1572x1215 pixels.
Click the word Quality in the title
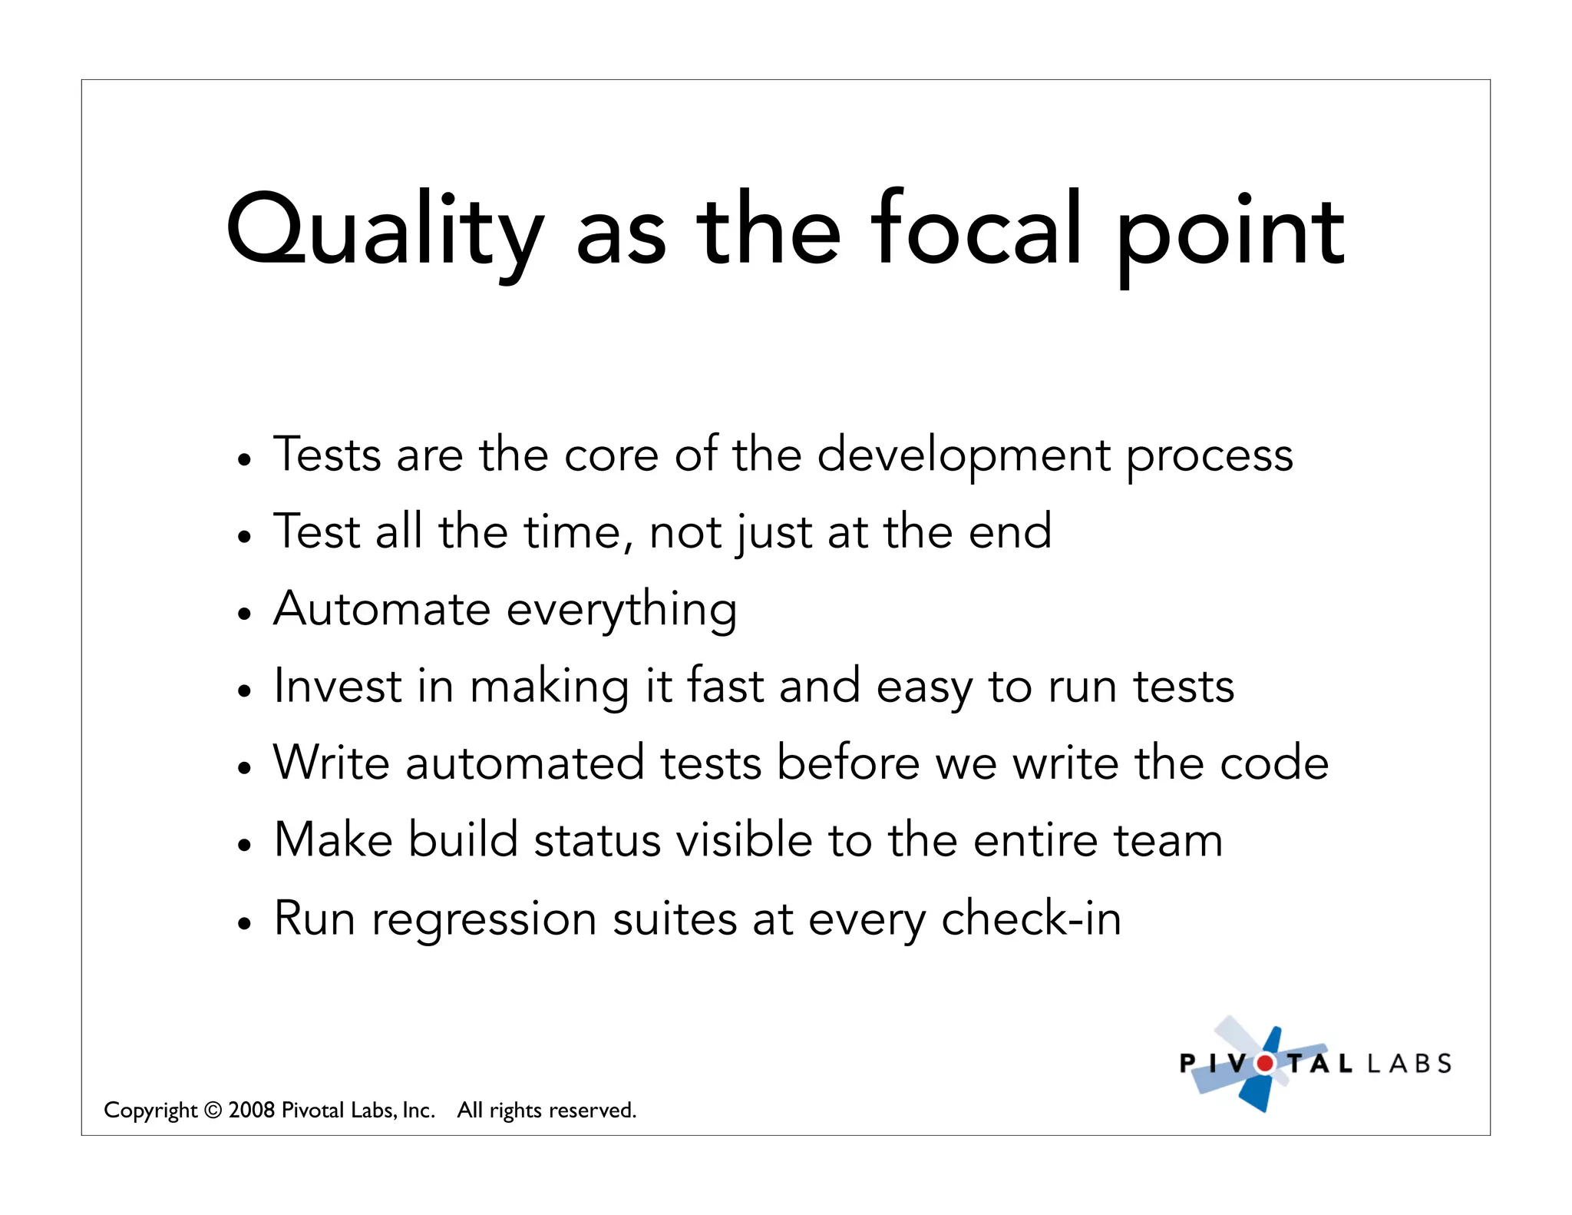pos(384,230)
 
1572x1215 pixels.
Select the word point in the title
pos(1230,234)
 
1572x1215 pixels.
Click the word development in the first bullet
pos(963,455)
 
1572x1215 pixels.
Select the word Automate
pos(381,609)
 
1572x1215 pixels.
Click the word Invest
pos(338,685)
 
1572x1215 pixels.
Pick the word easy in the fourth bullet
pos(924,688)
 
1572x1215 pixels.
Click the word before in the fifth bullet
pos(848,763)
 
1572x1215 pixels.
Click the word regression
pos(484,920)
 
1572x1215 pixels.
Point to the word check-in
pos(1031,918)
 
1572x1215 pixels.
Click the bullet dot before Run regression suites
pos(244,923)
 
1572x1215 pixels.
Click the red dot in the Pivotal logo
pos(1265,1064)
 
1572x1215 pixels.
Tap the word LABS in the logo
pos(1410,1064)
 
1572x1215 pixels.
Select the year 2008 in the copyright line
pos(252,1110)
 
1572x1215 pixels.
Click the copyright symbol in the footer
pos(213,1111)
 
